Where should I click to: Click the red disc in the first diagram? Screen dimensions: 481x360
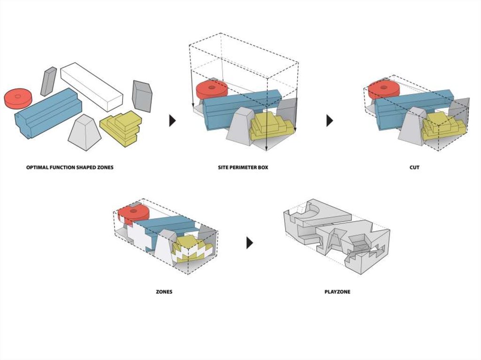(x=18, y=99)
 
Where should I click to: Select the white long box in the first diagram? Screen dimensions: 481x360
(x=92, y=87)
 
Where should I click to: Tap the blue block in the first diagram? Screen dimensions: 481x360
(x=48, y=113)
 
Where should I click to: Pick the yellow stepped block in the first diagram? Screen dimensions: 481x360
(x=121, y=128)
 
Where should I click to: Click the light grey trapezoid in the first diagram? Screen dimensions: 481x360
(x=85, y=132)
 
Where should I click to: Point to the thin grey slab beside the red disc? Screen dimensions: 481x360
(x=48, y=81)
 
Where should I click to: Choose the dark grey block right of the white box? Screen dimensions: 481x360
(x=142, y=96)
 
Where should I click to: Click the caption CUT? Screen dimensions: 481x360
(x=414, y=168)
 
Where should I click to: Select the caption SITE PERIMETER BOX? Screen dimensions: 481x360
(x=243, y=168)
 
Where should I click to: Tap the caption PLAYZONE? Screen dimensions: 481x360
(x=337, y=291)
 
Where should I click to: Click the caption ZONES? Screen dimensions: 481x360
(x=164, y=291)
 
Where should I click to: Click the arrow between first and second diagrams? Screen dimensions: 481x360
(x=172, y=121)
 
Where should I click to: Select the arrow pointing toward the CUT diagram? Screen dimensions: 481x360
(x=330, y=121)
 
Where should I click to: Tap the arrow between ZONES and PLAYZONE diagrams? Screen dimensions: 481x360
(x=250, y=243)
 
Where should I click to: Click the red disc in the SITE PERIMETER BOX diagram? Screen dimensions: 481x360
(x=212, y=90)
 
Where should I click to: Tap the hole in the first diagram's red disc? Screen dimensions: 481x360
(x=18, y=96)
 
